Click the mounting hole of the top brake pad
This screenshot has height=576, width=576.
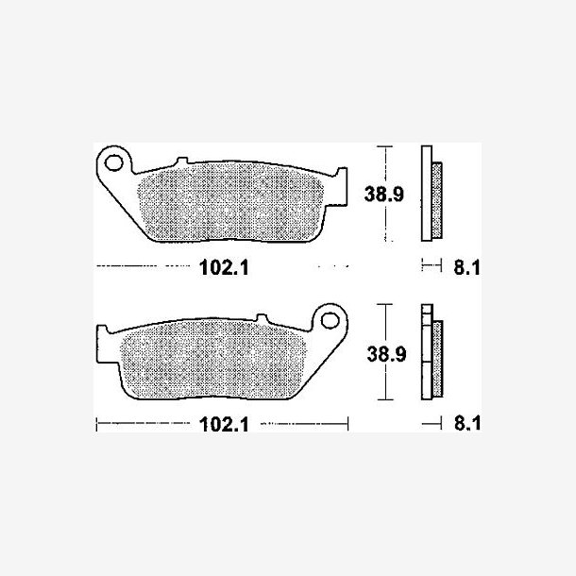(114, 162)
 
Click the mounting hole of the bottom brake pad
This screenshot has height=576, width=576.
(330, 320)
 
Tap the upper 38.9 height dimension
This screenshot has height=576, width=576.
(384, 194)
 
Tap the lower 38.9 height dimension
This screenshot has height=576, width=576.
(386, 354)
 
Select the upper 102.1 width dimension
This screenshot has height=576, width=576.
(224, 267)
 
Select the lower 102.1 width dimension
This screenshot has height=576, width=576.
(224, 424)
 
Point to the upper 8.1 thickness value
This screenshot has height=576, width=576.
(466, 267)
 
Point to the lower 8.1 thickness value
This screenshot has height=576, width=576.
(466, 423)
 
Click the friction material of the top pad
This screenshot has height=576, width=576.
(230, 202)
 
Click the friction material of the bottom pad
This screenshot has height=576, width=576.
(213, 359)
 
